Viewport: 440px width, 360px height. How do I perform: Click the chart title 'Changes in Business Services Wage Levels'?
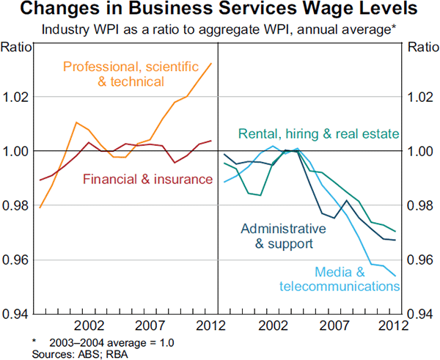tap(220, 10)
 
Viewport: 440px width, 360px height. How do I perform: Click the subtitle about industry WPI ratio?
tap(220, 31)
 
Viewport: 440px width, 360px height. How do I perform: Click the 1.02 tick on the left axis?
tap(16, 97)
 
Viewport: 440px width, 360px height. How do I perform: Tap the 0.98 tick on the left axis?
tap(16, 206)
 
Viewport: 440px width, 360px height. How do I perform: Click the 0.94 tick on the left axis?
tap(16, 315)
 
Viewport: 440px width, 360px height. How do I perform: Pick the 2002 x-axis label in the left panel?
tap(88, 326)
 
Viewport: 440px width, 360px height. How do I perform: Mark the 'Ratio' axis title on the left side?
tap(15, 48)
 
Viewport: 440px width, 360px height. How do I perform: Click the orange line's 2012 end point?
tap(211, 64)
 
